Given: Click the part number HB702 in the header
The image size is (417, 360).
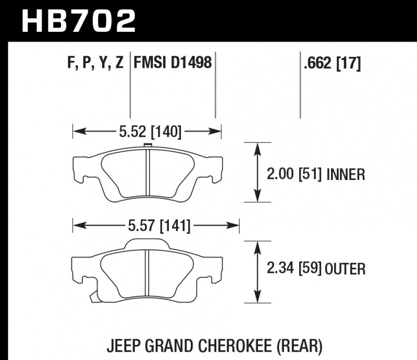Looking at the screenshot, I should [x=78, y=21].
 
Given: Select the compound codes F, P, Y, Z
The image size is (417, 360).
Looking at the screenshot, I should [x=95, y=64].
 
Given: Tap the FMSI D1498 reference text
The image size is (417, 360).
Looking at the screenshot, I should [x=173, y=64].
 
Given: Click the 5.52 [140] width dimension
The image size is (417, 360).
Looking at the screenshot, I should [x=150, y=132].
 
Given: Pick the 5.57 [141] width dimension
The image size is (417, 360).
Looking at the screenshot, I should [x=157, y=226].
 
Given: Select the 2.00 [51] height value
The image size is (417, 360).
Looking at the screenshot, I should [x=293, y=174].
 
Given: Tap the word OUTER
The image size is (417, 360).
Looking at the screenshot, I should [x=345, y=269].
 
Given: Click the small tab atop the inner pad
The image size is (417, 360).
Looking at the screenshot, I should [x=147, y=146].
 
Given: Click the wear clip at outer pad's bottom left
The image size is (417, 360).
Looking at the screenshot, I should [x=93, y=297].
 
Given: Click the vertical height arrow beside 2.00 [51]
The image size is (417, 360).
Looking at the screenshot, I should [x=257, y=172].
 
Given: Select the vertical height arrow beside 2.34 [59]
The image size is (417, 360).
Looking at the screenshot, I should [x=257, y=271].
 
